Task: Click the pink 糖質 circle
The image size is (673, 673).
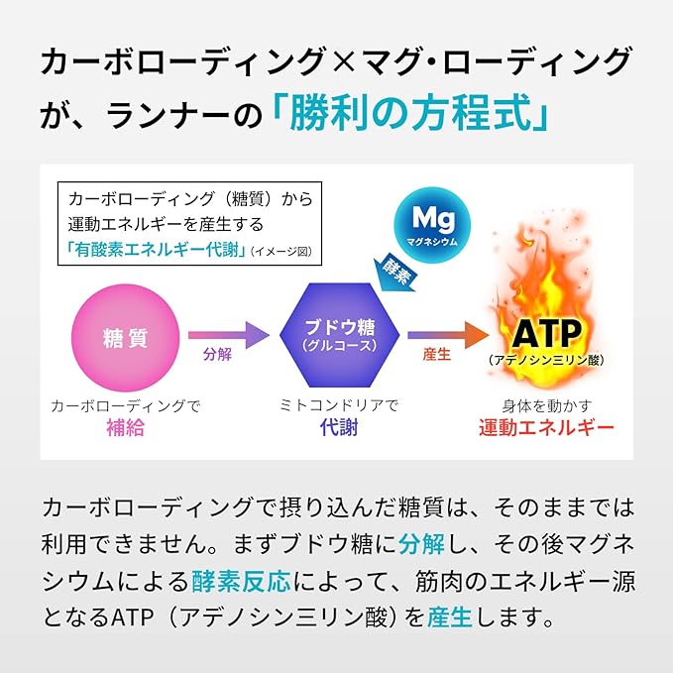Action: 125,338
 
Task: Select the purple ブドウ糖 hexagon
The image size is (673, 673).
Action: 340,335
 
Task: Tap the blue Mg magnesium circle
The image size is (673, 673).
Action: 432,225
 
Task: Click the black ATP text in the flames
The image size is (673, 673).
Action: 547,334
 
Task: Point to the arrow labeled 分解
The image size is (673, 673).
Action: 229,335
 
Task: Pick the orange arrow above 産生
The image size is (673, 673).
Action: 448,335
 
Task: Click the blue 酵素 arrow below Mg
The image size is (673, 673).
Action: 394,274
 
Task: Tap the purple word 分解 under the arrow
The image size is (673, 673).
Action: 218,355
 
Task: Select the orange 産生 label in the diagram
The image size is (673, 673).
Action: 436,355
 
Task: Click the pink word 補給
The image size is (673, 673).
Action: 125,427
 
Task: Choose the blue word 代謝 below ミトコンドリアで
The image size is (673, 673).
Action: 339,427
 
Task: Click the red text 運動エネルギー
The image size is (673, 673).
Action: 546,427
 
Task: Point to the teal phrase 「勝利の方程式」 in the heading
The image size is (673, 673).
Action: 410,113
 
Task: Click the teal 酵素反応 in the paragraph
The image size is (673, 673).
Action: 241,582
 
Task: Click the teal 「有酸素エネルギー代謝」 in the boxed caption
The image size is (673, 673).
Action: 156,250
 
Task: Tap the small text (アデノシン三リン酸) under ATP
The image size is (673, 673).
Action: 546,360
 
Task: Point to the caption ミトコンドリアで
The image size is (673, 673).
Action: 339,405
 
